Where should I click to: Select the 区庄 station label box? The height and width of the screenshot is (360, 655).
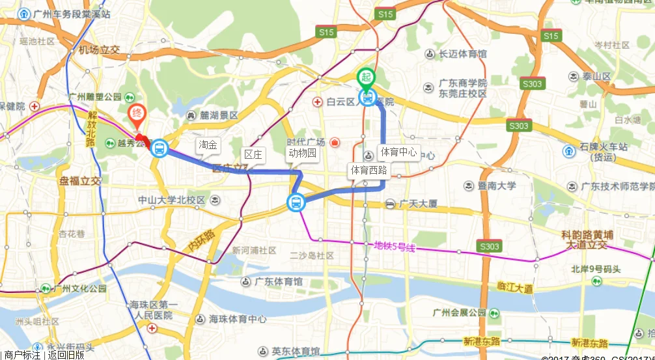click(253, 154)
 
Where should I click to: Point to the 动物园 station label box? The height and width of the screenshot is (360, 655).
click(302, 154)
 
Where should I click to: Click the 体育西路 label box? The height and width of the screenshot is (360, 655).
click(369, 171)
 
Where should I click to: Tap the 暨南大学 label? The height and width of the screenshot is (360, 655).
click(497, 186)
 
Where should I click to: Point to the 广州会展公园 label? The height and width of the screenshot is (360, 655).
click(459, 312)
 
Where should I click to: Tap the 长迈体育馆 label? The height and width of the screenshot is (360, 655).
click(462, 54)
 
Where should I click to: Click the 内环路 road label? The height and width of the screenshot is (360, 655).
click(200, 241)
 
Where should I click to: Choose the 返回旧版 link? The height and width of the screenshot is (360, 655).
click(66, 355)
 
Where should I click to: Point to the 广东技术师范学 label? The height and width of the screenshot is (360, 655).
click(618, 186)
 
